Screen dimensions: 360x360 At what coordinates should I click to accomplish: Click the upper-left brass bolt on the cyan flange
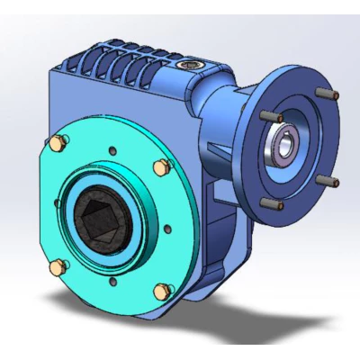click(60, 142)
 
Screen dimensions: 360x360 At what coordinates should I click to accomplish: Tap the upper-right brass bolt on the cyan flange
click(160, 167)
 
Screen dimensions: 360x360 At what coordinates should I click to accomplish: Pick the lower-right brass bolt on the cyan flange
click(162, 290)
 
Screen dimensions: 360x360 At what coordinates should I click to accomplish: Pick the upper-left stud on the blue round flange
click(268, 116)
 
